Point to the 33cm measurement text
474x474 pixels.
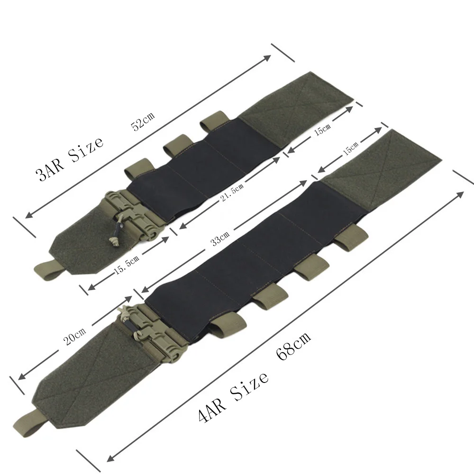(x=220, y=238)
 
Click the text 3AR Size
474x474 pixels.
(x=70, y=158)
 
